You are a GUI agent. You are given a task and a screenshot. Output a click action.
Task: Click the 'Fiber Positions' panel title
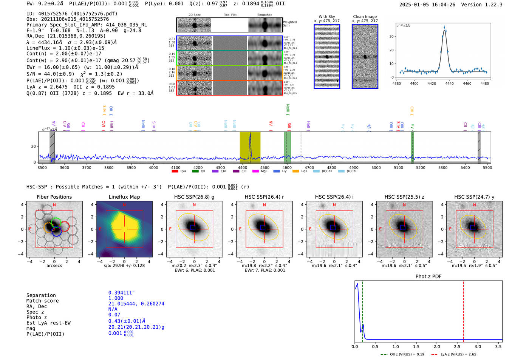coord(54,197)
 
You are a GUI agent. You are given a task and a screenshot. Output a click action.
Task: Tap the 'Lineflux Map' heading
coord(124,197)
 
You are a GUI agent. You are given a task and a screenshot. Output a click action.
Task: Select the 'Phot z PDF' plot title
coord(428,277)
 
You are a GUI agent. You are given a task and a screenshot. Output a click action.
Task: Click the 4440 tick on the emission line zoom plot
coord(449,83)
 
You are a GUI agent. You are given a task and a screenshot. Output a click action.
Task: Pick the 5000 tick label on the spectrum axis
coord(376,168)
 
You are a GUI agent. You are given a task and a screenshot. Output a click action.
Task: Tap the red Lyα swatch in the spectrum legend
coord(175,172)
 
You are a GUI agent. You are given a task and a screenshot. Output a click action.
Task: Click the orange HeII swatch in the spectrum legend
coord(295,172)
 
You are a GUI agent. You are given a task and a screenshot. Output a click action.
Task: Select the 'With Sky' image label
coord(327,17)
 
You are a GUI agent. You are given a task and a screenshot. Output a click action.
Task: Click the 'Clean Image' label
coord(365,17)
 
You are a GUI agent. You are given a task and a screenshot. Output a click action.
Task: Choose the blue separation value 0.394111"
coord(121,293)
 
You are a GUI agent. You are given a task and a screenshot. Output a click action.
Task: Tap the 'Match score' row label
coord(42,301)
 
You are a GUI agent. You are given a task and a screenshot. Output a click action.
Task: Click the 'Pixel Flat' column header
coord(230,15)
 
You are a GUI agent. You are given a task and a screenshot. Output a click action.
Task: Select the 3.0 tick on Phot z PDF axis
coord(478,346)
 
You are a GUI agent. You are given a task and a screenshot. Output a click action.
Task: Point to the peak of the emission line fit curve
coord(444,30)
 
